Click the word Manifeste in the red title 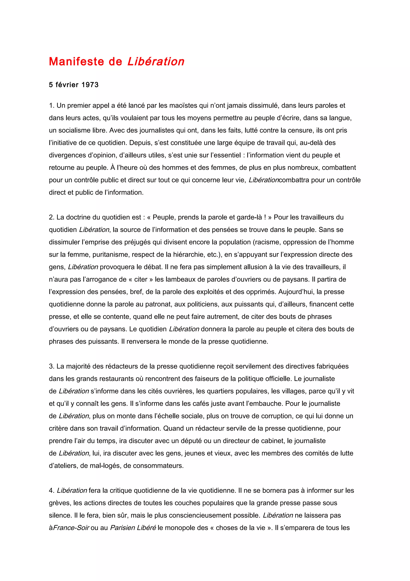(x=76, y=62)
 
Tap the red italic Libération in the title (x=156, y=62)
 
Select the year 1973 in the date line (x=90, y=85)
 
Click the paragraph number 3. (x=51, y=366)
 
